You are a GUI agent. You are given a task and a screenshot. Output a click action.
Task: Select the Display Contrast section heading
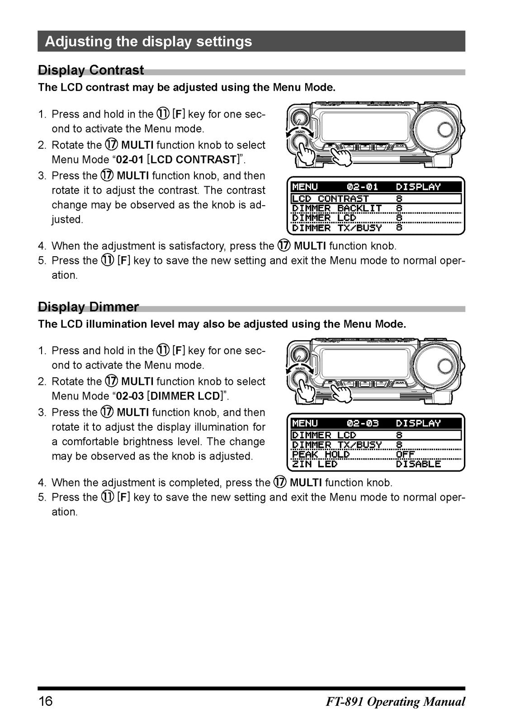coord(91,70)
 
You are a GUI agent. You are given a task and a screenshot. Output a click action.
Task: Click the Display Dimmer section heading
coord(88,307)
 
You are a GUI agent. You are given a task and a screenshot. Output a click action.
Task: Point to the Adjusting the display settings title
coord(148,41)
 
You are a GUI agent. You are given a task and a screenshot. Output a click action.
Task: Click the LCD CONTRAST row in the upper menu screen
coord(376,198)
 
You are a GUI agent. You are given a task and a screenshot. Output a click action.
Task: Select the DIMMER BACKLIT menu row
coord(347,208)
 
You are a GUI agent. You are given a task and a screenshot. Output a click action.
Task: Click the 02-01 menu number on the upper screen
coord(362,187)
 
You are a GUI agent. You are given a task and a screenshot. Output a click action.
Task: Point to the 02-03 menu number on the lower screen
coord(362,423)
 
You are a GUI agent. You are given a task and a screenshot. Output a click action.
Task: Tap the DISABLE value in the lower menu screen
coord(418,464)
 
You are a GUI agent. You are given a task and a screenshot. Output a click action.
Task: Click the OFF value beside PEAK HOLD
coord(406,455)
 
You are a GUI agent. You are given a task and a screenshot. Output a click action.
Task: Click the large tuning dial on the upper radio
coord(438,130)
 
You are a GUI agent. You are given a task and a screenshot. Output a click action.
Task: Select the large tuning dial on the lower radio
coord(438,366)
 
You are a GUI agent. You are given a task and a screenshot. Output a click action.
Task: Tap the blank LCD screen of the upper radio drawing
coord(365,126)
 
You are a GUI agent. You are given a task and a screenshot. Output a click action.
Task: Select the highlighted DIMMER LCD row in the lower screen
coord(376,435)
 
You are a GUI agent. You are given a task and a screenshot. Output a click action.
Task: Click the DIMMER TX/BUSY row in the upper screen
coord(347,228)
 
